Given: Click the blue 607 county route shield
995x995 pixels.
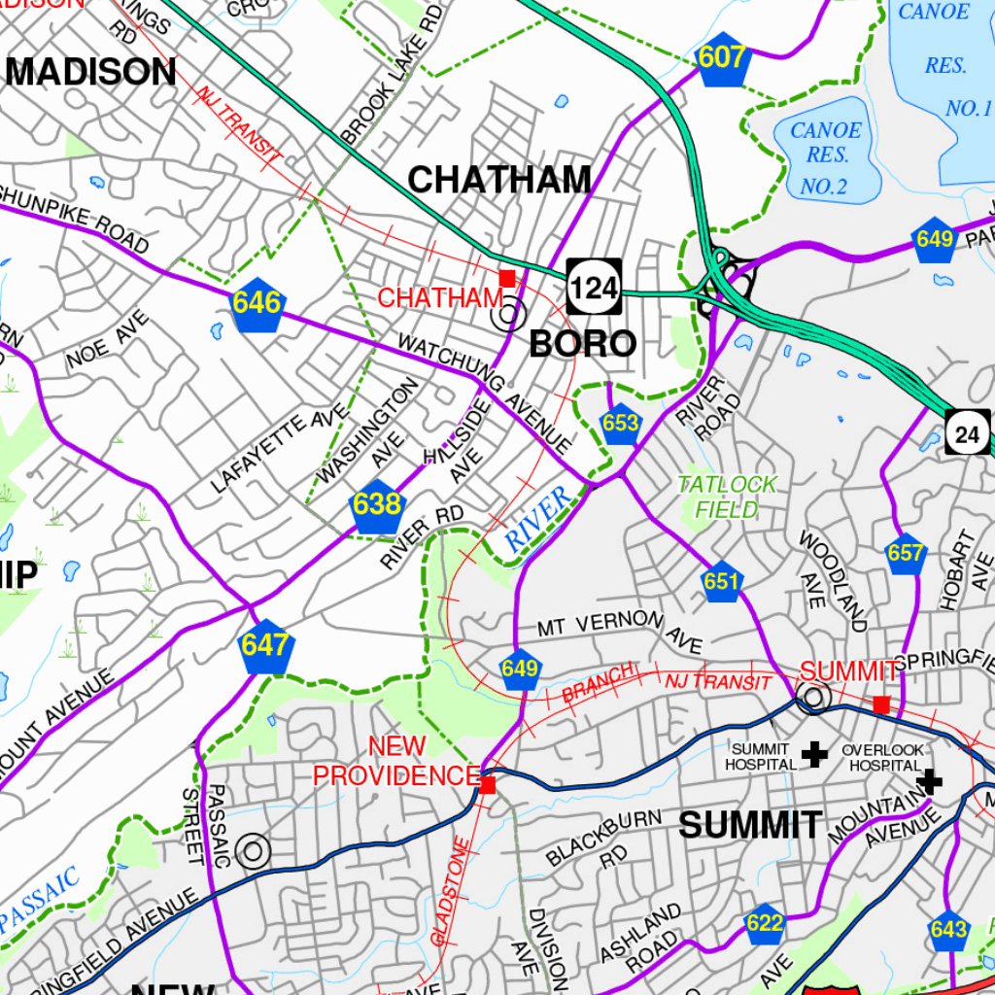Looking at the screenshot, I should click(722, 60).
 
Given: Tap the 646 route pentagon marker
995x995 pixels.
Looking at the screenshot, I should click(257, 305).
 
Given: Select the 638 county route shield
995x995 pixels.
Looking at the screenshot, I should click(376, 506).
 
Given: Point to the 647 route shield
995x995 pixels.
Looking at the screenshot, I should click(265, 646).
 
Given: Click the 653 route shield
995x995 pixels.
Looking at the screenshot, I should click(620, 425).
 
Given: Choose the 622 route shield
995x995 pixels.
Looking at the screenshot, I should click(765, 924).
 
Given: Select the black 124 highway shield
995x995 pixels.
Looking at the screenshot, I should click(594, 287).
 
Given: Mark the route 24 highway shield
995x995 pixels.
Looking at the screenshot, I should click(968, 433).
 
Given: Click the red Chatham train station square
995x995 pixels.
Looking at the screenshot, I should click(506, 278).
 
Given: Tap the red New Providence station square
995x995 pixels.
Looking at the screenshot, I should click(488, 784).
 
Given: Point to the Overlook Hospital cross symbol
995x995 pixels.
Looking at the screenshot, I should click(930, 780).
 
